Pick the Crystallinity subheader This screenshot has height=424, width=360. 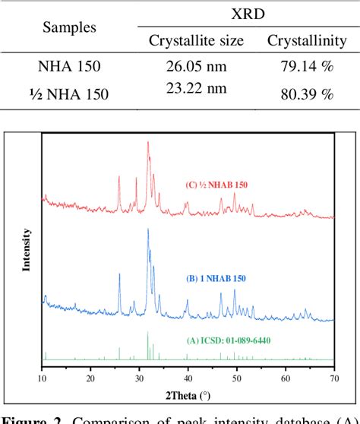tap(300, 40)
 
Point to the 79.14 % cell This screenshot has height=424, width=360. tap(300, 66)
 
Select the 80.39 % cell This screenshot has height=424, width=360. tap(300, 95)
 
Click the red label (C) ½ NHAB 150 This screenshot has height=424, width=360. tap(216, 185)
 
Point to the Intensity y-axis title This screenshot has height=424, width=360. tap(27, 249)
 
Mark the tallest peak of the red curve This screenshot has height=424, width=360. tap(147, 142)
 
